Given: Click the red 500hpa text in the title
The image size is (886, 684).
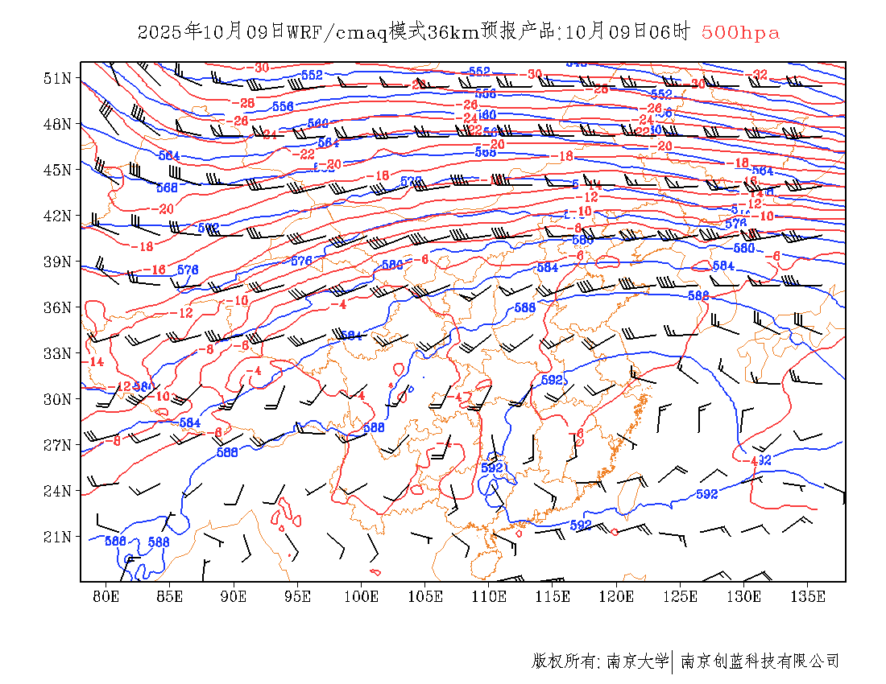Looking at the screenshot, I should point(740,32).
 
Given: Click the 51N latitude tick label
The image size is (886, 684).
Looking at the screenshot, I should point(58,78).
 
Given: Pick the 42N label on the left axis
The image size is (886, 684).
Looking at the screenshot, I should point(58,216).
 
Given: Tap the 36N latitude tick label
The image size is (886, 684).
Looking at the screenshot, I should point(58,307).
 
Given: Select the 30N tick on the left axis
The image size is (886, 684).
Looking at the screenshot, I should point(58,399).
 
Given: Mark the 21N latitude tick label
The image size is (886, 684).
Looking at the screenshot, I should point(58,537).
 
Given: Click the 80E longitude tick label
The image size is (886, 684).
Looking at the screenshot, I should point(106,596).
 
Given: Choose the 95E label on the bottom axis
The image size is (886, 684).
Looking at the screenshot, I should point(298,596).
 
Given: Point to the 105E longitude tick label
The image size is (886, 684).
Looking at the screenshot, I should point(425,596).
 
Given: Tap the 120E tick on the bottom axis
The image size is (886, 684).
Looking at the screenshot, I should point(617,596).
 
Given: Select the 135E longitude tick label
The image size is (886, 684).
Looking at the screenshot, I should point(809,596).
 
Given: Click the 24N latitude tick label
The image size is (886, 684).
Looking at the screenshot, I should point(58,491).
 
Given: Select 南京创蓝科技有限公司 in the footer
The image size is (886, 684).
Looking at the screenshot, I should point(760,661).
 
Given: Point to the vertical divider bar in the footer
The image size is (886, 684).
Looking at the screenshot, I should point(673,661).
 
